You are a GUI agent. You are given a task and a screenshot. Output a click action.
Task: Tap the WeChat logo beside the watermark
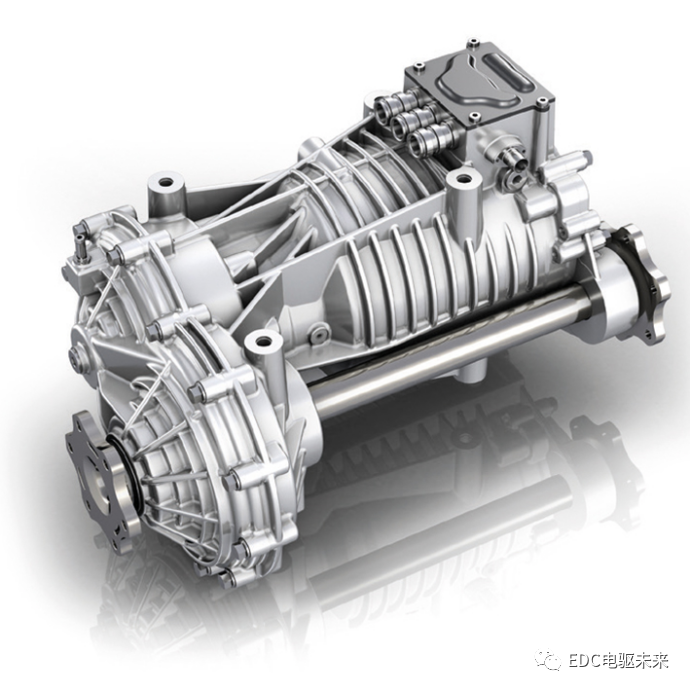pos(548,661)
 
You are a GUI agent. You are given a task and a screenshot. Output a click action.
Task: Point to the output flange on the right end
pos(643,282)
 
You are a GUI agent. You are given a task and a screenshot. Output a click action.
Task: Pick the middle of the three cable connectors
pos(405,123)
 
